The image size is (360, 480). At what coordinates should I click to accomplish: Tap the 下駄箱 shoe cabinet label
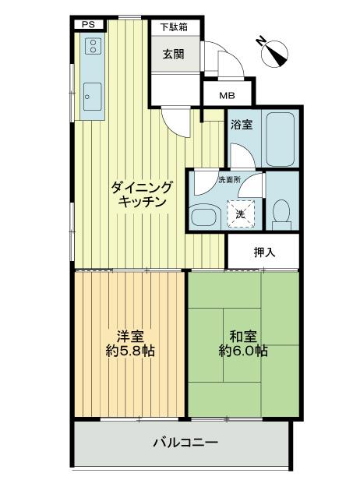pos(175,27)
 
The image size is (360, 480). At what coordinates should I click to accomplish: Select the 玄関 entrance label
pos(174,55)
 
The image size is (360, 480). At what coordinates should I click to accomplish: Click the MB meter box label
pos(226,96)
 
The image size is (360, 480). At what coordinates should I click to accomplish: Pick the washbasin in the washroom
pos(204,216)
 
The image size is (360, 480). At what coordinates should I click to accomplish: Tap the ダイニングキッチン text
pos(141,193)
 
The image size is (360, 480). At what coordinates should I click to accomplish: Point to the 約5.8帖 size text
pos(130,351)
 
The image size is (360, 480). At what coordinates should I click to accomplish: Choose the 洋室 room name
pos(129,337)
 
